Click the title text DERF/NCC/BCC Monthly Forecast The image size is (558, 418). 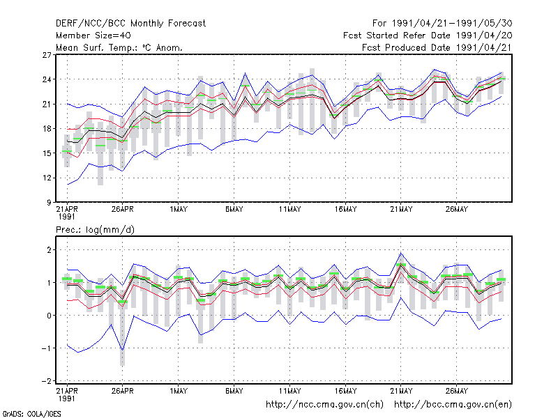pos(130,24)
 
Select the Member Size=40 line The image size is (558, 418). pos(93,36)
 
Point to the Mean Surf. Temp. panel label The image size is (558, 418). pos(119,47)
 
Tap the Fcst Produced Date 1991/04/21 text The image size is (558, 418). pos(437,47)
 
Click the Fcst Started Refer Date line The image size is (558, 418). pos(428,36)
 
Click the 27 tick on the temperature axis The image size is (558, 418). pos(47,55)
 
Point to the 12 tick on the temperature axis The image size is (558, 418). pos(47,178)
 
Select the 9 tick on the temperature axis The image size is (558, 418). pos(49,202)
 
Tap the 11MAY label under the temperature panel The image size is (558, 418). pos(289,210)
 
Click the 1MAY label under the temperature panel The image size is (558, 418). pos(179,210)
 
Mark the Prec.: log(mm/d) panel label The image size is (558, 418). pos(95,230)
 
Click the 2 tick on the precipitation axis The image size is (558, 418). pos(49,250)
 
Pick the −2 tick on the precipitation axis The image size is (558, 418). pos(46,381)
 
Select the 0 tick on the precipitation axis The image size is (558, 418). pos(49,316)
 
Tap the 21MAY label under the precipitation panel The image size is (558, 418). pos(401,391)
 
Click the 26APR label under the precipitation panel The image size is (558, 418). pos(123,391)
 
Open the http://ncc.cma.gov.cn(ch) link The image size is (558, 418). pos(324,405)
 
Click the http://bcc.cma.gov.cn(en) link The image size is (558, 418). pos(453,405)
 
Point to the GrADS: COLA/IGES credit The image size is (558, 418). pos(31,414)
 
